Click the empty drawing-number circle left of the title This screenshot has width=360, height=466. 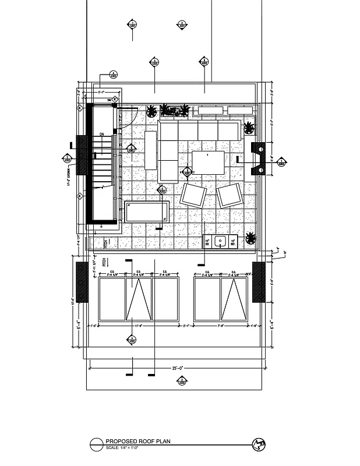point(96,445)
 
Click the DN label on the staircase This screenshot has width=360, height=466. point(101,135)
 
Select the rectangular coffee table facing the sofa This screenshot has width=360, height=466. point(209,163)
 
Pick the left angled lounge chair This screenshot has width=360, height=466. point(193,195)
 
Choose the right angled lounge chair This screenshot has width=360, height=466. point(230,195)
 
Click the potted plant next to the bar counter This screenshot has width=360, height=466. point(251,238)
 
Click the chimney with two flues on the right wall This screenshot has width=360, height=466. point(258,158)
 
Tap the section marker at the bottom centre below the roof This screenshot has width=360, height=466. point(182,382)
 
